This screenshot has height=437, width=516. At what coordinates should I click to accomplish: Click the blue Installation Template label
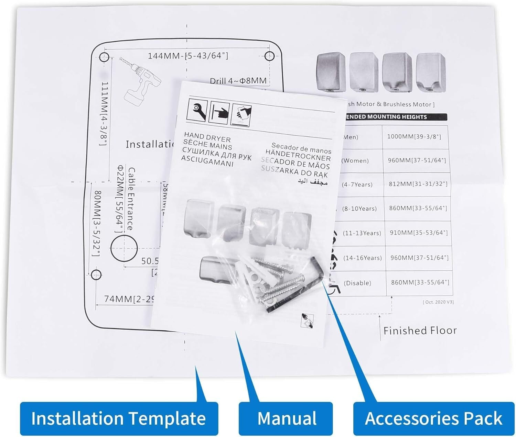(x=119, y=418)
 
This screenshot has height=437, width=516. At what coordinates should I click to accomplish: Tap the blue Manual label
(x=287, y=418)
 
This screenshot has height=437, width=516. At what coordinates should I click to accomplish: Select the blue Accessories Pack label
(x=433, y=418)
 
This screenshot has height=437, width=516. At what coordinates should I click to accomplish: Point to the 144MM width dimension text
(x=188, y=56)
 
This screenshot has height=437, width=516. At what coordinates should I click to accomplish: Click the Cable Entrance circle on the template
(x=124, y=248)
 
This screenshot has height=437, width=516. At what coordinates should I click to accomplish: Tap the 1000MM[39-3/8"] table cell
(x=414, y=137)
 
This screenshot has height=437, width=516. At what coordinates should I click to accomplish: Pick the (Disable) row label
(x=357, y=283)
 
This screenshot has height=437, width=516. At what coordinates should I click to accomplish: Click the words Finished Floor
(x=420, y=331)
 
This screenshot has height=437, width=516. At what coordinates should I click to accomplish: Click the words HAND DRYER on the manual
(x=207, y=137)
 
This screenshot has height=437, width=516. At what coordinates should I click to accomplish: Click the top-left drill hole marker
(x=104, y=57)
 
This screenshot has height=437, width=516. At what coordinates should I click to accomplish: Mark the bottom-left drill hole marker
(x=96, y=275)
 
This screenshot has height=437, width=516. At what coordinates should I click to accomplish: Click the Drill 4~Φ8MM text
(x=238, y=81)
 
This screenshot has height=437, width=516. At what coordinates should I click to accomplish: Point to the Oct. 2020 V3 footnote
(x=438, y=302)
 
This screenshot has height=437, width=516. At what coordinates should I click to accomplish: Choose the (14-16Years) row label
(x=363, y=258)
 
